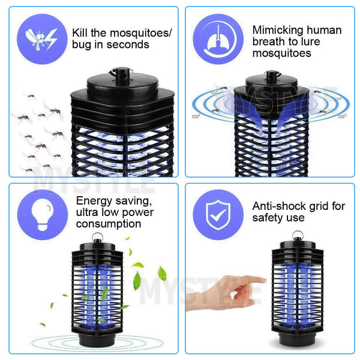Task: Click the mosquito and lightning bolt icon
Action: [42, 39]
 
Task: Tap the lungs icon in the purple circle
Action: [218, 39]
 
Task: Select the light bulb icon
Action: [43, 215]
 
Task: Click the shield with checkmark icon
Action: [218, 215]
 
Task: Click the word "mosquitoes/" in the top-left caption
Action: [140, 34]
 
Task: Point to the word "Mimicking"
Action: [278, 31]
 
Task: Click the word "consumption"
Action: [109, 224]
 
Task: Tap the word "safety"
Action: [266, 218]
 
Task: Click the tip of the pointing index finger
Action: [265, 280]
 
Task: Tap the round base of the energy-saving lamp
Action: [97, 339]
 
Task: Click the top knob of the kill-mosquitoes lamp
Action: [122, 76]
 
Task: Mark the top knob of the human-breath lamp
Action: [272, 77]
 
